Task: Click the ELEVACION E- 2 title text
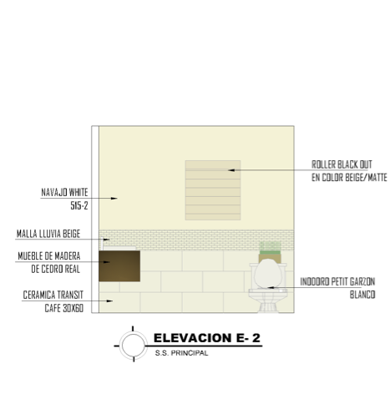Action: tap(207, 338)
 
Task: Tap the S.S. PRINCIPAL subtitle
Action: tap(181, 353)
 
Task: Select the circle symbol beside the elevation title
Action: tap(134, 345)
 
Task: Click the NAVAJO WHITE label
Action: tap(64, 192)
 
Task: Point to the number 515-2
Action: tap(79, 205)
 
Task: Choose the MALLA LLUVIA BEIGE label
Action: tap(48, 234)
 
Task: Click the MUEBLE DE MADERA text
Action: tap(49, 256)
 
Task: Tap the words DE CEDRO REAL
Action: tap(56, 269)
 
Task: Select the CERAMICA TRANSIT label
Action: tap(53, 295)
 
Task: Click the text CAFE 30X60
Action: tap(64, 308)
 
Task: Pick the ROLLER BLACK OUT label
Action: tap(342, 164)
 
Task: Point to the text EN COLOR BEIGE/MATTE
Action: tap(349, 178)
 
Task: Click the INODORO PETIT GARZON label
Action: tap(337, 281)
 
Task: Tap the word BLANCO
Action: tap(362, 295)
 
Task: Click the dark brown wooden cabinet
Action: tap(119, 266)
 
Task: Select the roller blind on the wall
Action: tap(213, 190)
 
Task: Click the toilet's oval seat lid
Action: tap(268, 274)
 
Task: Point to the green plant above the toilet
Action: tap(270, 248)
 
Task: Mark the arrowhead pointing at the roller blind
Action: tap(231, 170)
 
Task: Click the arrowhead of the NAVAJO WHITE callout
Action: tap(114, 199)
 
